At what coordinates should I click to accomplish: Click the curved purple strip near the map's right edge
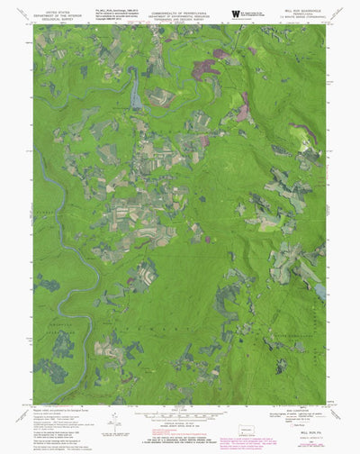[x=306, y=135]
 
